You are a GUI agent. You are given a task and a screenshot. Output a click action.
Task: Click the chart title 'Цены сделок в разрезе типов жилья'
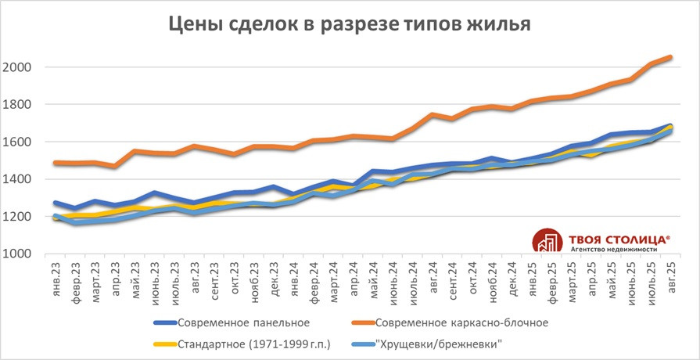tap(350, 24)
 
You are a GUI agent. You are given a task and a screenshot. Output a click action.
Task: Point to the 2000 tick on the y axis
tap(17, 67)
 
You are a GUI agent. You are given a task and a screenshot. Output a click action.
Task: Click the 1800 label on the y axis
tap(17, 105)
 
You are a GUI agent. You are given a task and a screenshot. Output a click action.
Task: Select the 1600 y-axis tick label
tap(17, 142)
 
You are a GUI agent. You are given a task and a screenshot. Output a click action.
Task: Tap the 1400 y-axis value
tap(17, 179)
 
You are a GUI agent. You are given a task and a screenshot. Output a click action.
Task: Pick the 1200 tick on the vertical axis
tap(17, 217)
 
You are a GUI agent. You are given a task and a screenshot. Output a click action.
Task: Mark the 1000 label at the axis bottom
tap(17, 254)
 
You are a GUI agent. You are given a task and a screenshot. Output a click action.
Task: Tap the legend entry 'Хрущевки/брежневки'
tap(438, 344)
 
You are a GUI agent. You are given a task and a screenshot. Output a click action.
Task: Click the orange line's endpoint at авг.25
tap(670, 57)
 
